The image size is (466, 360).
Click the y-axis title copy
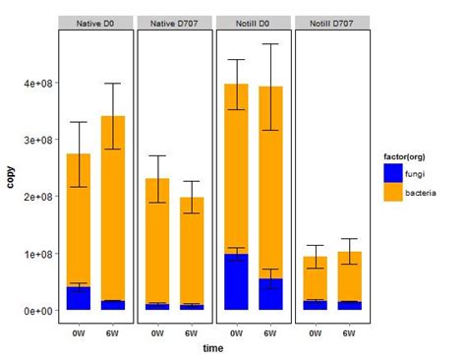11,178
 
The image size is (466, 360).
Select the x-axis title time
213,348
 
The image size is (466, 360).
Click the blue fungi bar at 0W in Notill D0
236,282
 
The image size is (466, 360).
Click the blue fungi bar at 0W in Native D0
79,298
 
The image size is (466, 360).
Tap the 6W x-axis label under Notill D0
270,332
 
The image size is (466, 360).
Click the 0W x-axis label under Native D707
157,332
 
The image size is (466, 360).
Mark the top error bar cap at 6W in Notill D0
270,44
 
